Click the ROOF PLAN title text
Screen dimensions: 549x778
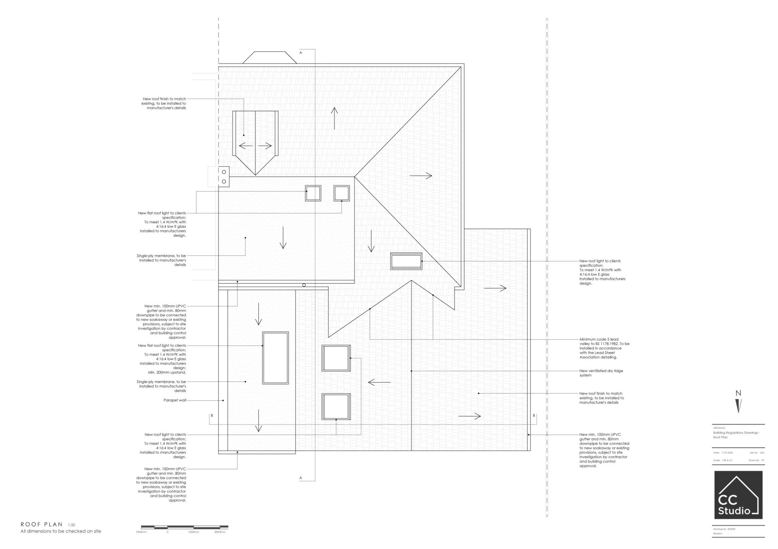point(42,524)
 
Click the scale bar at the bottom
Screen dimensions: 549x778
point(185,527)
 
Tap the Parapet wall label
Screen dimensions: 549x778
point(175,400)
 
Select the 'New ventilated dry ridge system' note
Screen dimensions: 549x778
point(601,373)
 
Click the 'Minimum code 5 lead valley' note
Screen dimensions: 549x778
point(604,348)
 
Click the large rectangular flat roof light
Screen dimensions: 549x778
point(276,358)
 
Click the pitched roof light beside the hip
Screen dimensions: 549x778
point(406,261)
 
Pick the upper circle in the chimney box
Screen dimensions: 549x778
point(224,172)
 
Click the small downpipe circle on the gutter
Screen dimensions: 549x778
point(304,285)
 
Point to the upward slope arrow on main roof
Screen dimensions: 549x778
point(334,118)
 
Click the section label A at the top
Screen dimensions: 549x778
point(301,53)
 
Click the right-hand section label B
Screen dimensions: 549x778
point(534,416)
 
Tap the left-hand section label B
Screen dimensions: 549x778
point(212,416)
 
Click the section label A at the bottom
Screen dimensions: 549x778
point(301,478)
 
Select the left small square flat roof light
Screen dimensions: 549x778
point(313,193)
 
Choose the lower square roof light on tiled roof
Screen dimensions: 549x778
point(336,406)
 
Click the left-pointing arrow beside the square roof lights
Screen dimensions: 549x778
point(379,382)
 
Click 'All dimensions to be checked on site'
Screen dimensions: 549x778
point(61,531)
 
